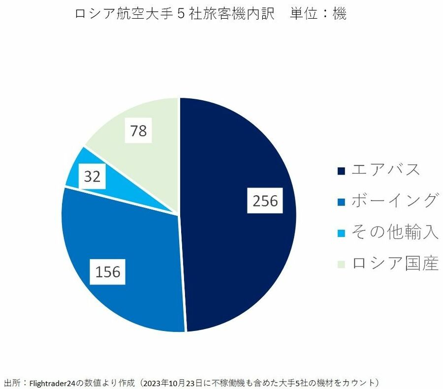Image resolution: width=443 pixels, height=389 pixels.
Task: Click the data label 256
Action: pyautogui.click(x=265, y=201)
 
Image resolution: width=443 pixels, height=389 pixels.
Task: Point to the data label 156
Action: pyautogui.click(x=108, y=271)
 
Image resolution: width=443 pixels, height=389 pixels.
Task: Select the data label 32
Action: pyautogui.click(x=92, y=177)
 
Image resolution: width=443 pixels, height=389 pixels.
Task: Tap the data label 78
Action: pyautogui.click(x=138, y=131)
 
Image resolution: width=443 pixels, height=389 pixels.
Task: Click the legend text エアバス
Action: pyautogui.click(x=386, y=170)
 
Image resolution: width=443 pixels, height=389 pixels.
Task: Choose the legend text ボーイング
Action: pyautogui.click(x=394, y=201)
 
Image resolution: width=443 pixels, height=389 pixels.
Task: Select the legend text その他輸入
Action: pyautogui.click(x=394, y=232)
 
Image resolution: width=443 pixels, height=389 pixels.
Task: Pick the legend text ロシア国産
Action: pyautogui.click(x=394, y=264)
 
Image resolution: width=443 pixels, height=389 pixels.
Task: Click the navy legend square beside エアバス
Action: pyautogui.click(x=341, y=171)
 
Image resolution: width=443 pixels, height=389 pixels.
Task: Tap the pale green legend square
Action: pyautogui.click(x=341, y=265)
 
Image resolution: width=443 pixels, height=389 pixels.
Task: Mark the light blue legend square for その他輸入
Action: pyautogui.click(x=341, y=233)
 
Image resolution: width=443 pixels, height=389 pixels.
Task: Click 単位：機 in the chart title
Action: pyautogui.click(x=318, y=14)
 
